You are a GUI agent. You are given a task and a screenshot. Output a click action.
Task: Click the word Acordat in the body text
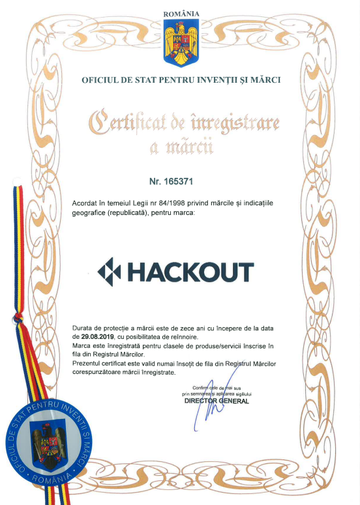[85, 204]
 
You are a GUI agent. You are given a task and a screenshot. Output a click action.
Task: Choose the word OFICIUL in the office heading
[101, 80]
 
